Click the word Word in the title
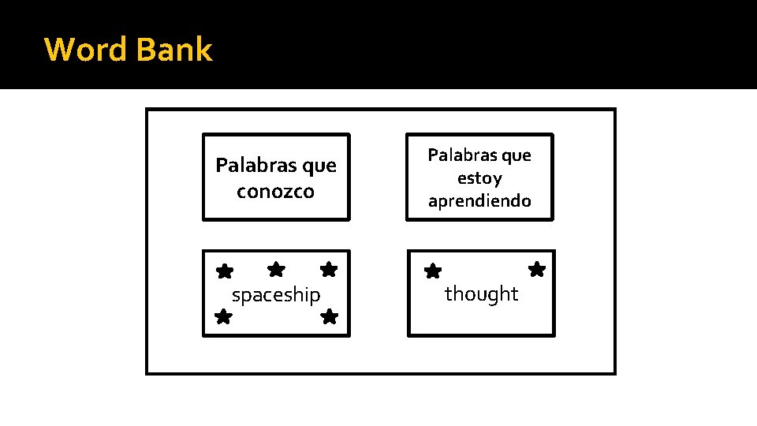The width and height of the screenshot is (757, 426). click(86, 50)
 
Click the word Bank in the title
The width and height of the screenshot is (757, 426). click(173, 50)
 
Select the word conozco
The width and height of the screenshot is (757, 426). click(275, 192)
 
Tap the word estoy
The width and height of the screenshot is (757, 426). click(479, 178)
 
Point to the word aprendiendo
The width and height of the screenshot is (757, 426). click(479, 201)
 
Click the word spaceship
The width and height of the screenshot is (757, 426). click(276, 295)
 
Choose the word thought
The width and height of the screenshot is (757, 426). click(481, 293)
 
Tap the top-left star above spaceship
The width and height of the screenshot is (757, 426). click(225, 271)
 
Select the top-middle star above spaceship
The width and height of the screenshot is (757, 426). click(276, 269)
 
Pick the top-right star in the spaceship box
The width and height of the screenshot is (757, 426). click(329, 269)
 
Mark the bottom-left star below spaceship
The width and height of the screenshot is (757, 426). click(223, 317)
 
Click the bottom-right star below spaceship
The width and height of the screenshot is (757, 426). click(330, 317)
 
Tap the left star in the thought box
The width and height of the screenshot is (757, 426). click(433, 272)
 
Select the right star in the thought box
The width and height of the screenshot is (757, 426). click(537, 270)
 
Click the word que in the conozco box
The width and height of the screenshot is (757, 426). click(319, 166)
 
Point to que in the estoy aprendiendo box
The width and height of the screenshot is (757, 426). click(516, 155)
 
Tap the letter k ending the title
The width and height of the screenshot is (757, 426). click(204, 50)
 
